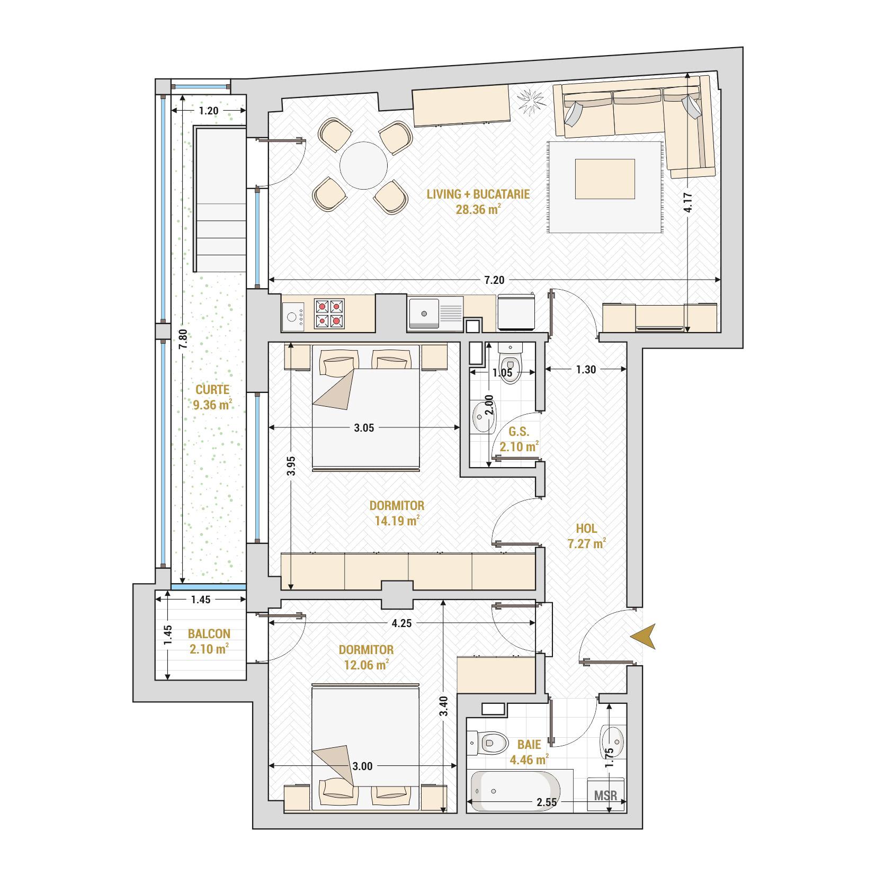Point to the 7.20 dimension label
pos(494,280)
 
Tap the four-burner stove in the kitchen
pos(329,314)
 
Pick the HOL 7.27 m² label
pos(586,535)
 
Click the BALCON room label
pos(209,641)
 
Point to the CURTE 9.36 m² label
pos(212,397)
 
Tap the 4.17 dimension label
pos(687,202)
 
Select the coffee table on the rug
pos(604,179)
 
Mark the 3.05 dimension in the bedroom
pos(364,428)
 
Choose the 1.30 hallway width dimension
pos(586,370)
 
